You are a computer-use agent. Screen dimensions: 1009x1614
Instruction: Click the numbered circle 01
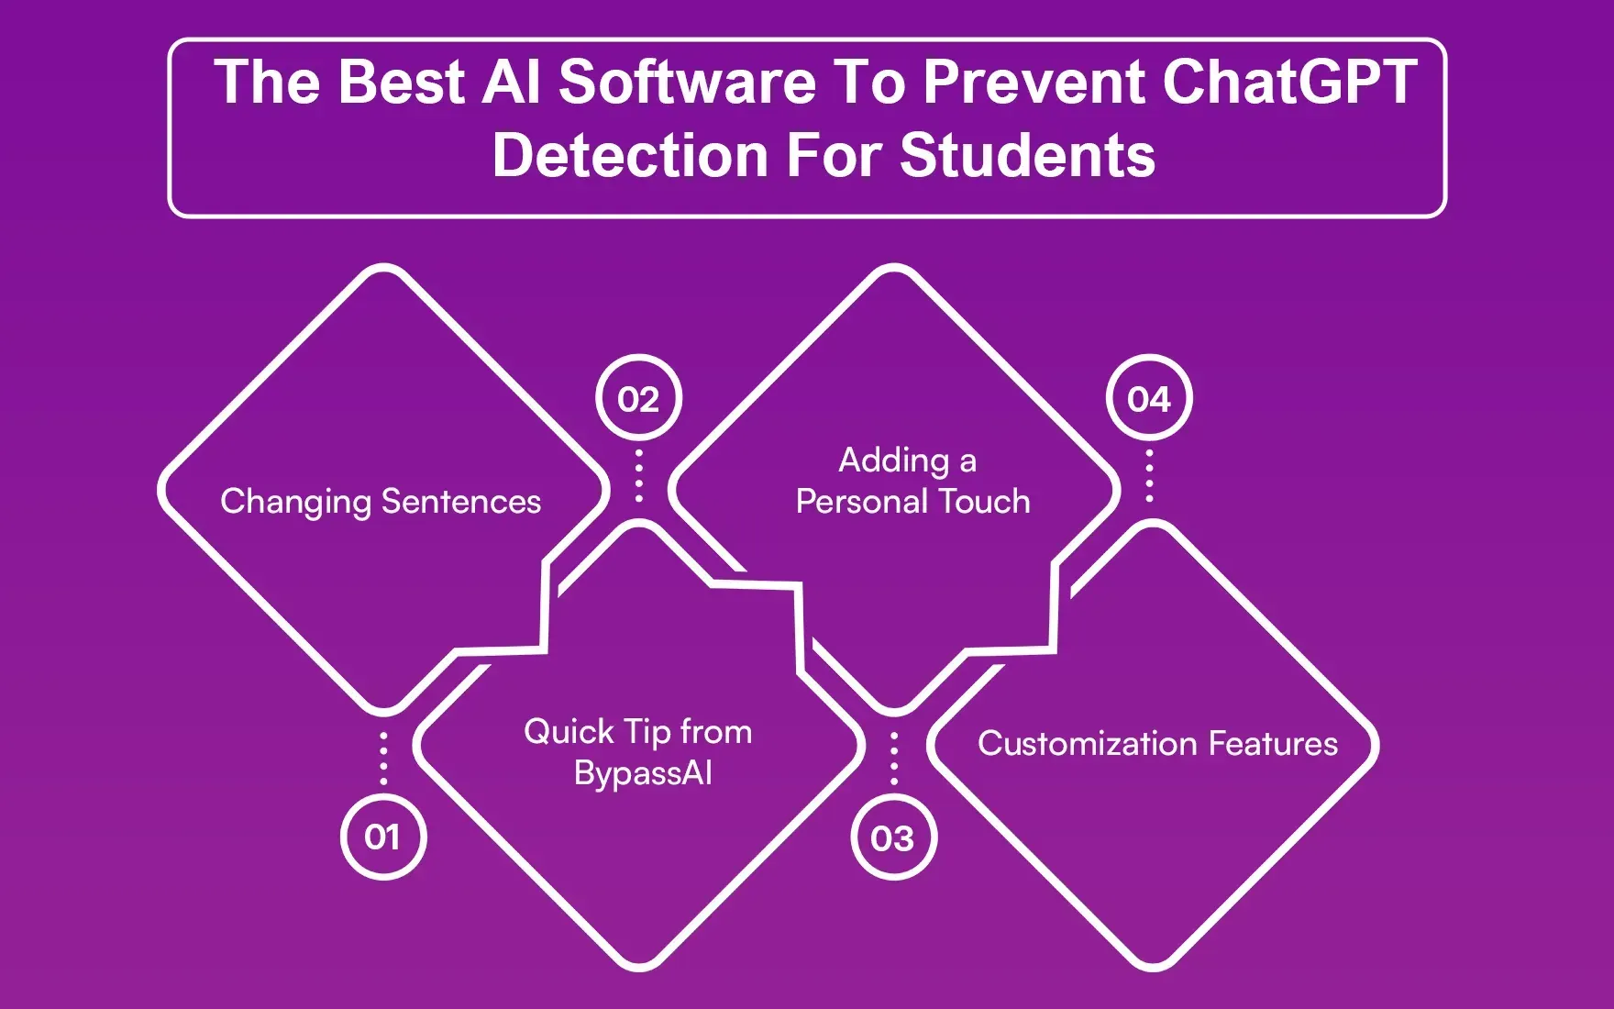click(x=383, y=837)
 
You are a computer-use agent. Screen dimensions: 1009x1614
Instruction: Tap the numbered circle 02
click(x=638, y=399)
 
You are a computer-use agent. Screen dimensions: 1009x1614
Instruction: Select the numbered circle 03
click(x=893, y=837)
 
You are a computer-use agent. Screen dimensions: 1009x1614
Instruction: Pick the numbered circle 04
click(x=1149, y=399)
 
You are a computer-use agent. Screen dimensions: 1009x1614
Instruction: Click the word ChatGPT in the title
click(x=1289, y=83)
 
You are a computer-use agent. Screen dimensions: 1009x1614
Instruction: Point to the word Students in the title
click(x=1027, y=156)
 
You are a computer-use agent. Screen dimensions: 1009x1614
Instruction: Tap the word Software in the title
click(x=687, y=83)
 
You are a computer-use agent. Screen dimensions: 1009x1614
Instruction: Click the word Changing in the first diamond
click(x=295, y=503)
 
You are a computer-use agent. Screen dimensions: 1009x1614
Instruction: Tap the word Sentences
click(x=460, y=502)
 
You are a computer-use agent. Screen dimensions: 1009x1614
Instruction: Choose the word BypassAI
click(x=643, y=773)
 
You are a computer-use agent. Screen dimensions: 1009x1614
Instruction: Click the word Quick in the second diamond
click(x=569, y=732)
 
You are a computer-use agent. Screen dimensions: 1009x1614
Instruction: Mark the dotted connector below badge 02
click(x=639, y=475)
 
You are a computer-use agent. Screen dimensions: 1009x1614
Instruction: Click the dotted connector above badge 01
click(x=383, y=759)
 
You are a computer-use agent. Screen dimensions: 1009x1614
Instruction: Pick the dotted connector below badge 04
click(x=1149, y=475)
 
